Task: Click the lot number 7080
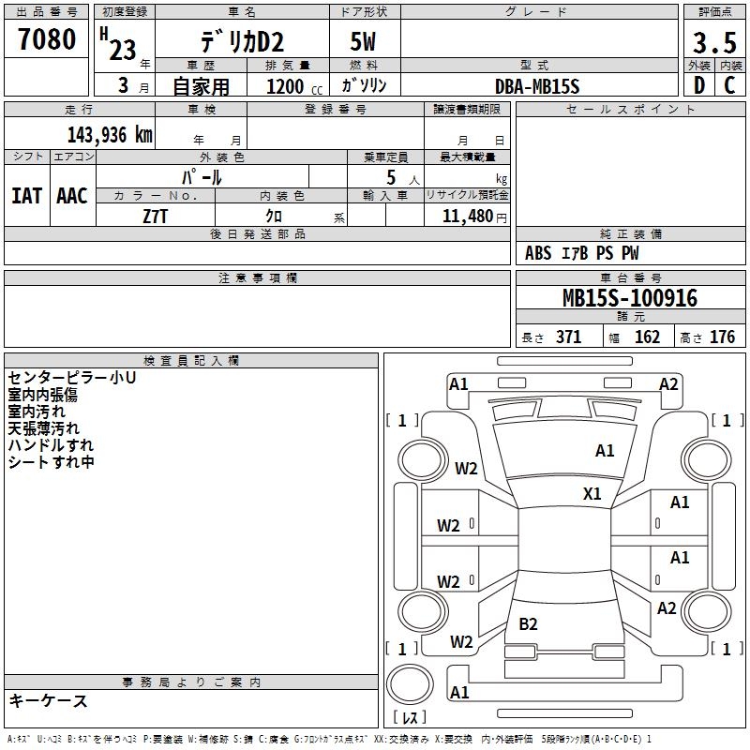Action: (47, 39)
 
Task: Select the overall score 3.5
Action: (714, 43)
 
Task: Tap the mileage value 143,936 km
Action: (110, 135)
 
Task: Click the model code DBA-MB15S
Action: (537, 86)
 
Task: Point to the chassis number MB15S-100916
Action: (630, 298)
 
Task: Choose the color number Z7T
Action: (155, 217)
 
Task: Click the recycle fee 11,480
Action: (468, 217)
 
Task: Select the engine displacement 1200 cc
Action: (294, 86)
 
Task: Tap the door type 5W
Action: (363, 42)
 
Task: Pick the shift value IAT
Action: (26, 196)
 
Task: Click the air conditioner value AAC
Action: (72, 196)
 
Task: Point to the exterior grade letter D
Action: (699, 85)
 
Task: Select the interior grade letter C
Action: (729, 85)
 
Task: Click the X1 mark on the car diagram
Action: (592, 494)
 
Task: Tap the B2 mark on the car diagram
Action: (528, 623)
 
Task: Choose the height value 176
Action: (722, 337)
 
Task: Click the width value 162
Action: (647, 337)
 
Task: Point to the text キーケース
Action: (49, 701)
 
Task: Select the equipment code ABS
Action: (538, 253)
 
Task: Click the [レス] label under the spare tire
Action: (410, 716)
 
